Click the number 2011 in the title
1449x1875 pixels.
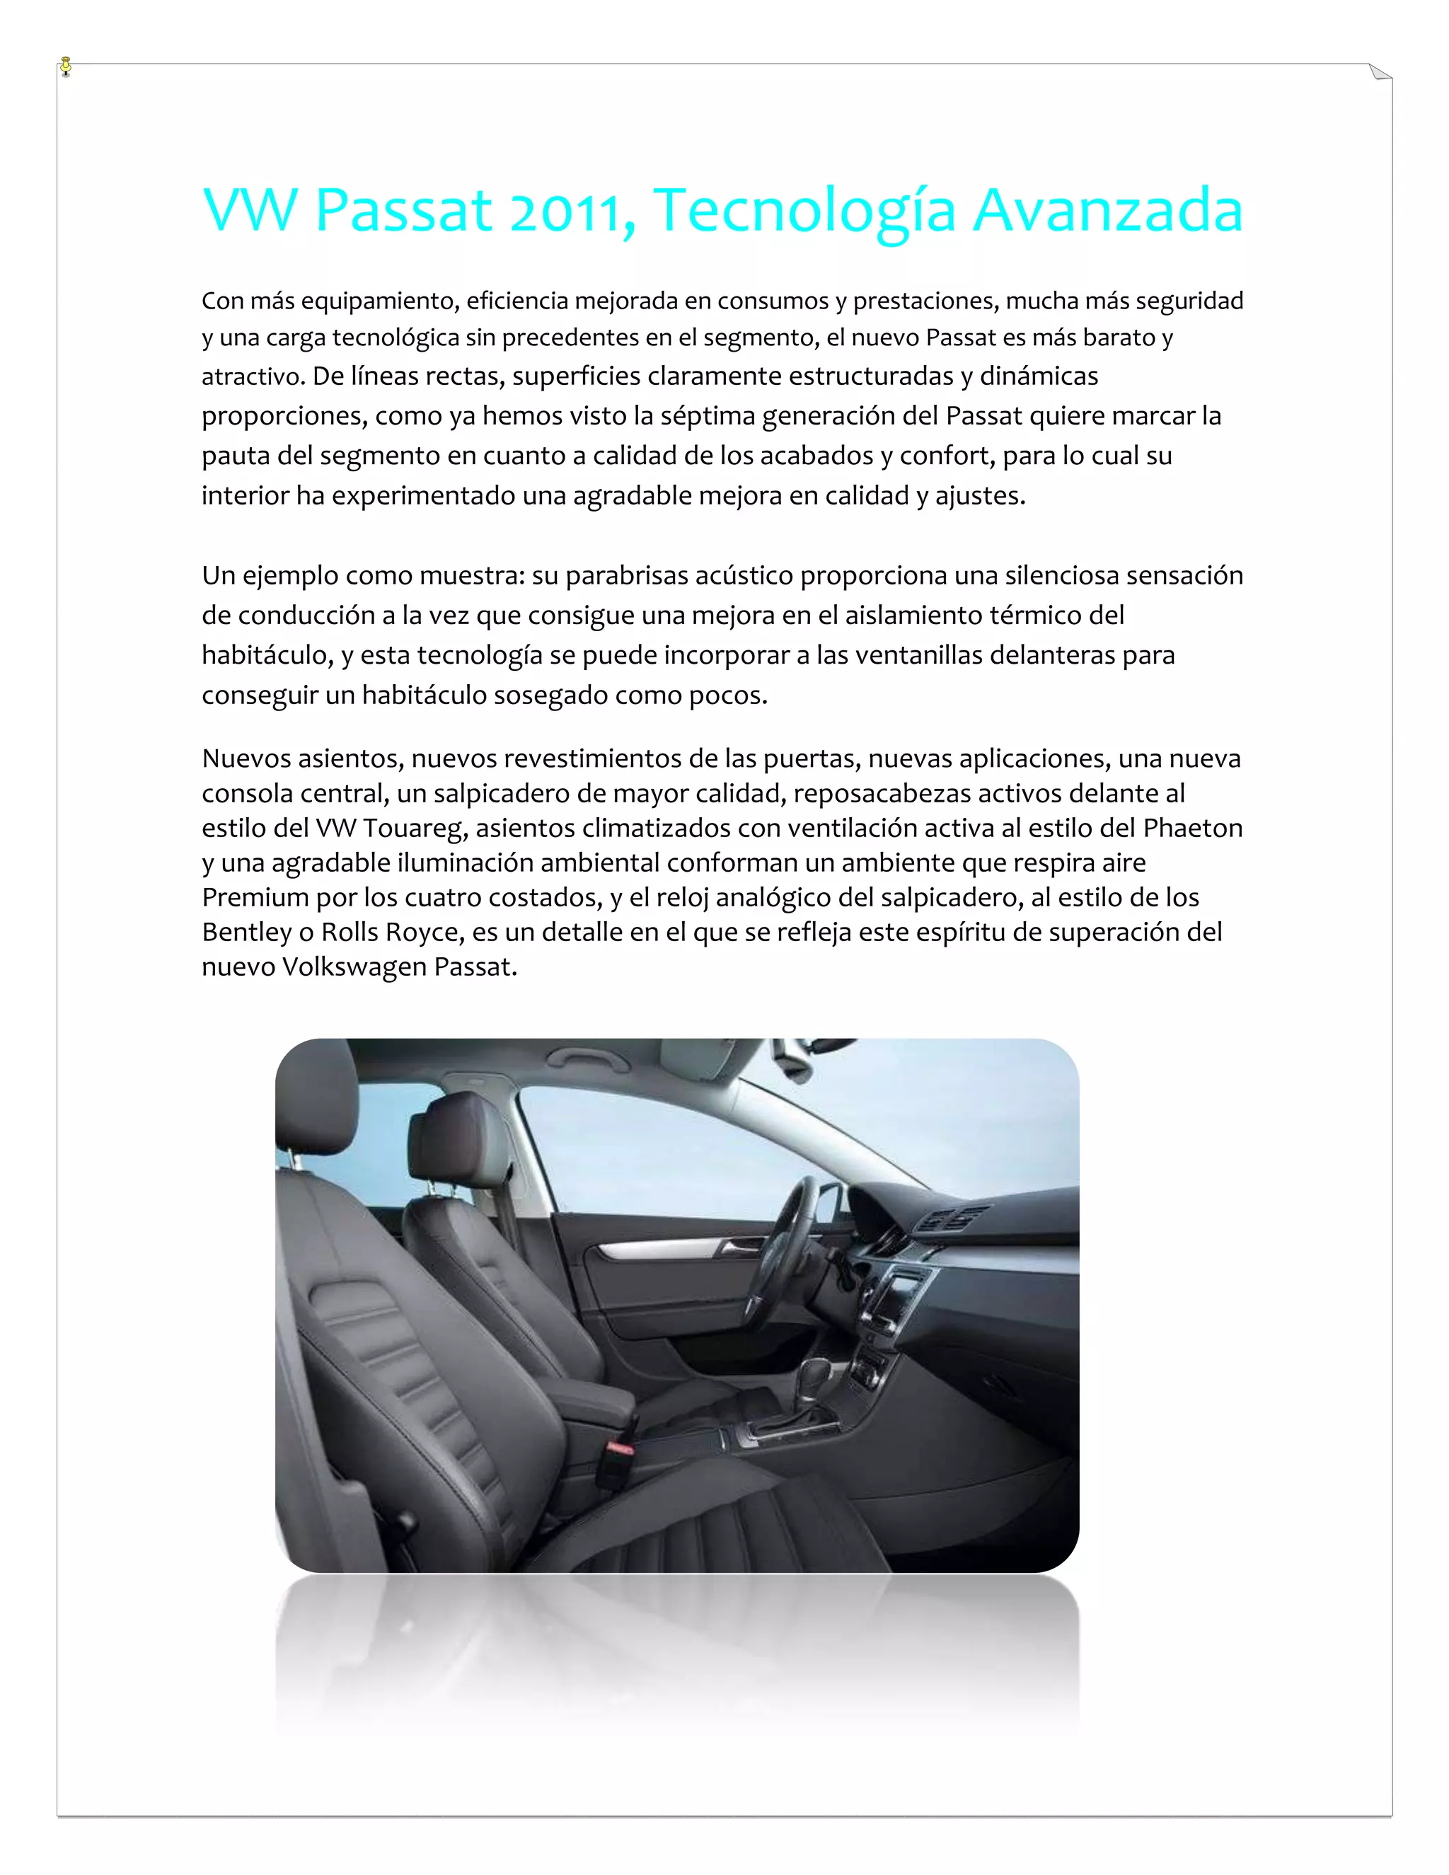566,211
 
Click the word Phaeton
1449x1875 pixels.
1192,828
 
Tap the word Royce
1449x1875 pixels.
416,933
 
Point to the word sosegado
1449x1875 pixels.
536,696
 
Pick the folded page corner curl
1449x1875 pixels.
1380,73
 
